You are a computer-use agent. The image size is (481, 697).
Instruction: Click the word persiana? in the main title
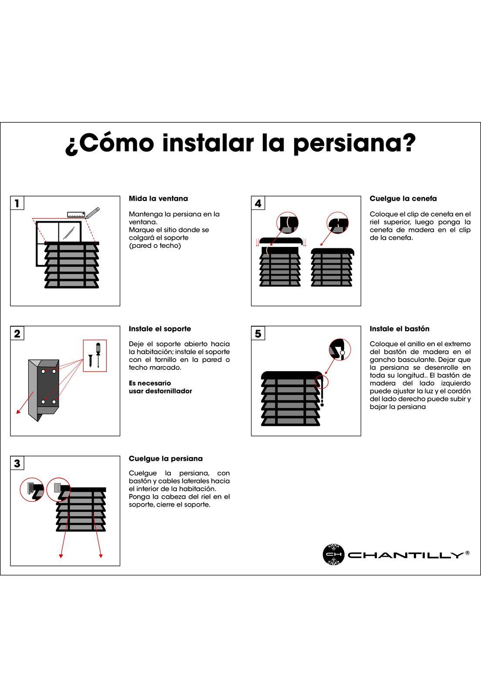coord(354,144)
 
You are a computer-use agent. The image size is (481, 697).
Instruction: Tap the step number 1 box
coord(17,203)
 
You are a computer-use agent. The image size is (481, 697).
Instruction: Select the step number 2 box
coord(17,333)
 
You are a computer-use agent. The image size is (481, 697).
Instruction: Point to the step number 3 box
coord(17,464)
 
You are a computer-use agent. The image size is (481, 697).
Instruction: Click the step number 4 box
coord(258,203)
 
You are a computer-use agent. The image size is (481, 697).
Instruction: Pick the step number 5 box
coord(258,333)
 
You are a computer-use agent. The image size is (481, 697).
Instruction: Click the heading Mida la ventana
coord(158,199)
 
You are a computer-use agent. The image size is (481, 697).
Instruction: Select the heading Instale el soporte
coord(160,328)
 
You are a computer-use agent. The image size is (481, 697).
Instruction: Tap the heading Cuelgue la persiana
coord(166,459)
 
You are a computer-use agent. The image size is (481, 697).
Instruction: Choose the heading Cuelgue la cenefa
coord(403,199)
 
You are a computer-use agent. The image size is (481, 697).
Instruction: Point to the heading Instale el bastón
coord(400,328)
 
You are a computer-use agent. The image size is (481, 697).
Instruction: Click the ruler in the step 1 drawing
coord(76,215)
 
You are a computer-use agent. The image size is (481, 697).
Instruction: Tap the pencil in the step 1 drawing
coord(92,213)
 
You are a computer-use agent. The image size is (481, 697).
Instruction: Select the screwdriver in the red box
coord(98,355)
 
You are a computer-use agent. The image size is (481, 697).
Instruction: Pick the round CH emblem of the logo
coord(334,554)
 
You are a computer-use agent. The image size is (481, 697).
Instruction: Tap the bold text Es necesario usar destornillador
coord(160,387)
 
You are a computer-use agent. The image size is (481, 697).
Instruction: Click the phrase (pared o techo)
coord(155,246)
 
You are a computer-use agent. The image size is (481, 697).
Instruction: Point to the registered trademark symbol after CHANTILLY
coord(467,553)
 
